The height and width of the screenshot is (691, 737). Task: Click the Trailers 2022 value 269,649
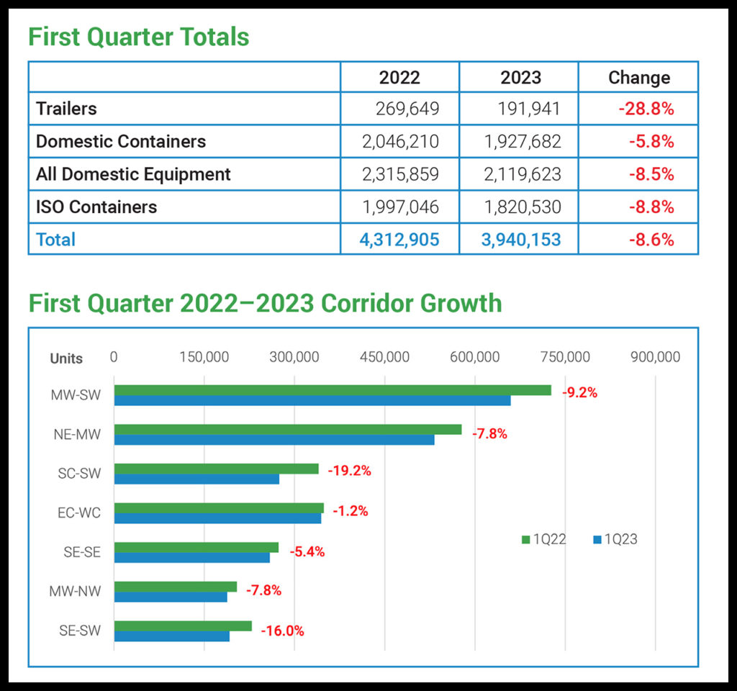(x=407, y=109)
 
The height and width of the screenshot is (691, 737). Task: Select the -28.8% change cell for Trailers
(x=646, y=109)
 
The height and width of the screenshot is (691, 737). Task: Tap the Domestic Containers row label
(x=121, y=141)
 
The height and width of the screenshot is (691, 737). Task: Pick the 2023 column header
(x=520, y=78)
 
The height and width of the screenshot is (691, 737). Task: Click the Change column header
(x=638, y=78)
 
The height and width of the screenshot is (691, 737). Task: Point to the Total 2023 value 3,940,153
(x=520, y=239)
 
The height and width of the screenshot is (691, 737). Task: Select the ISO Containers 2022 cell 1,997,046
(x=400, y=207)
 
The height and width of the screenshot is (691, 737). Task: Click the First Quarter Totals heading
(x=139, y=36)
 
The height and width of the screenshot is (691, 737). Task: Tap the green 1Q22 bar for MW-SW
(x=332, y=390)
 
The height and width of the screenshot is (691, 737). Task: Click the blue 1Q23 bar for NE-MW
(x=273, y=440)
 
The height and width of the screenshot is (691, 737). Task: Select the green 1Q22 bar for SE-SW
(x=183, y=625)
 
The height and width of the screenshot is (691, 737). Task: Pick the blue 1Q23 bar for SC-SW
(x=196, y=479)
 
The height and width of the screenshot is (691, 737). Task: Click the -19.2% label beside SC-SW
(x=349, y=471)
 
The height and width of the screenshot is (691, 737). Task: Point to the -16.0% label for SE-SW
(x=282, y=631)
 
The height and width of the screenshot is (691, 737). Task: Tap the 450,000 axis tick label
(x=385, y=357)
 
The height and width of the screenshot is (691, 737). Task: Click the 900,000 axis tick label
(x=655, y=357)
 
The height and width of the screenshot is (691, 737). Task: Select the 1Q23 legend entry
(x=615, y=539)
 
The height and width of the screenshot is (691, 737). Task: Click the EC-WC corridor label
(x=79, y=513)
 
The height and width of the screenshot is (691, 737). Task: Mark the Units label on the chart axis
(x=66, y=358)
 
